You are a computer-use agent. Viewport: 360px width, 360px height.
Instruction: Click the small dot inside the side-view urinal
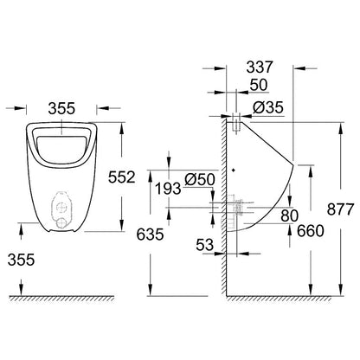coord(236,168)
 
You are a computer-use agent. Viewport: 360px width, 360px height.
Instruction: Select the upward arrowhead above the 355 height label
coord(17,228)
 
